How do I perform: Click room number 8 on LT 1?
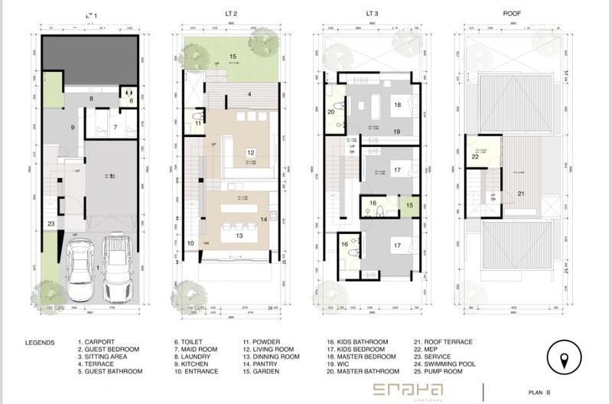pos(91,99)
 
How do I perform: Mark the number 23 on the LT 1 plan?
pos(50,223)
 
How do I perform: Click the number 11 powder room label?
pos(197,122)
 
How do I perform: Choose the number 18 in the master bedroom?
pos(398,105)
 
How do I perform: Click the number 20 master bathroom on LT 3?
pos(331,112)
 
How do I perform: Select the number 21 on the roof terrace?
pos(520,194)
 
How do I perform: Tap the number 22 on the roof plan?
pos(476,157)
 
